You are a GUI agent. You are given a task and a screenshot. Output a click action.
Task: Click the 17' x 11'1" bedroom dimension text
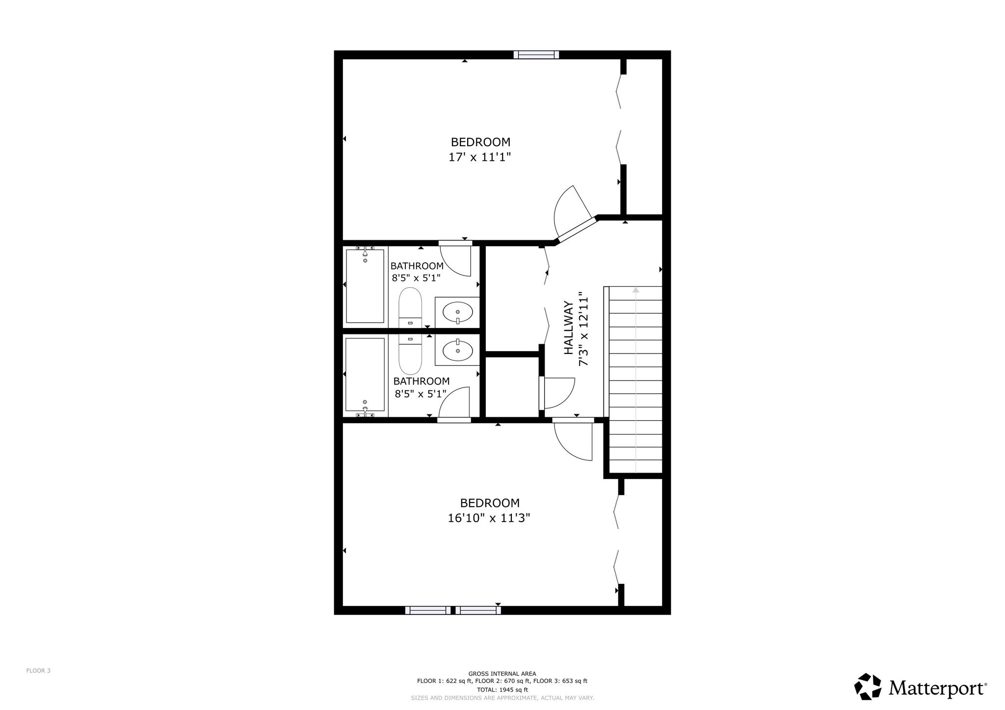pyautogui.click(x=480, y=157)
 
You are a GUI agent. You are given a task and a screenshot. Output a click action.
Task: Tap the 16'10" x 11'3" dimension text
pyautogui.click(x=489, y=518)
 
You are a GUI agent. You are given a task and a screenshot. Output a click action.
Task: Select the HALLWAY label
pyautogui.click(x=569, y=328)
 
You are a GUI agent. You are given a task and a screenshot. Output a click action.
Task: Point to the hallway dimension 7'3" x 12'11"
pyautogui.click(x=583, y=330)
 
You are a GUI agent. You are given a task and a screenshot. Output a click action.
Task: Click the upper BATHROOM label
pyautogui.click(x=417, y=266)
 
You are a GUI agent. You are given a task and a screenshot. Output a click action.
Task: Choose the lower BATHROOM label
pyautogui.click(x=422, y=381)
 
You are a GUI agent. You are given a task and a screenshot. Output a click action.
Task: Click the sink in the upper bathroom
pyautogui.click(x=457, y=312)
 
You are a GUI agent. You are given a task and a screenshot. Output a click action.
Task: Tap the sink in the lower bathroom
pyautogui.click(x=457, y=351)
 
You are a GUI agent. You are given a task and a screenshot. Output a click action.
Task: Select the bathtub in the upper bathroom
pyautogui.click(x=365, y=286)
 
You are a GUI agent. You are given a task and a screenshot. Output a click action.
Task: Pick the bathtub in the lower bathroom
pyautogui.click(x=365, y=375)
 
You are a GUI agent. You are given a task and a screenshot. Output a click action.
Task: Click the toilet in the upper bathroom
pyautogui.click(x=410, y=308)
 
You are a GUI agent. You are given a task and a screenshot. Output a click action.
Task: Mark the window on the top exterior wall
pyautogui.click(x=536, y=54)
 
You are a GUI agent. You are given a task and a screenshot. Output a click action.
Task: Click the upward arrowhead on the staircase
pyautogui.click(x=635, y=289)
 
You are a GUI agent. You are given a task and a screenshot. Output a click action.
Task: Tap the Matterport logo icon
pyautogui.click(x=868, y=686)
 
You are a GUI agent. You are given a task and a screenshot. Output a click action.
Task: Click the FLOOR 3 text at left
pyautogui.click(x=38, y=671)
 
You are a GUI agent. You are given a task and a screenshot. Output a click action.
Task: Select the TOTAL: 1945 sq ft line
pyautogui.click(x=502, y=689)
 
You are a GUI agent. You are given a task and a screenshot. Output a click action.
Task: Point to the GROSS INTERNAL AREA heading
pyautogui.click(x=502, y=674)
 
